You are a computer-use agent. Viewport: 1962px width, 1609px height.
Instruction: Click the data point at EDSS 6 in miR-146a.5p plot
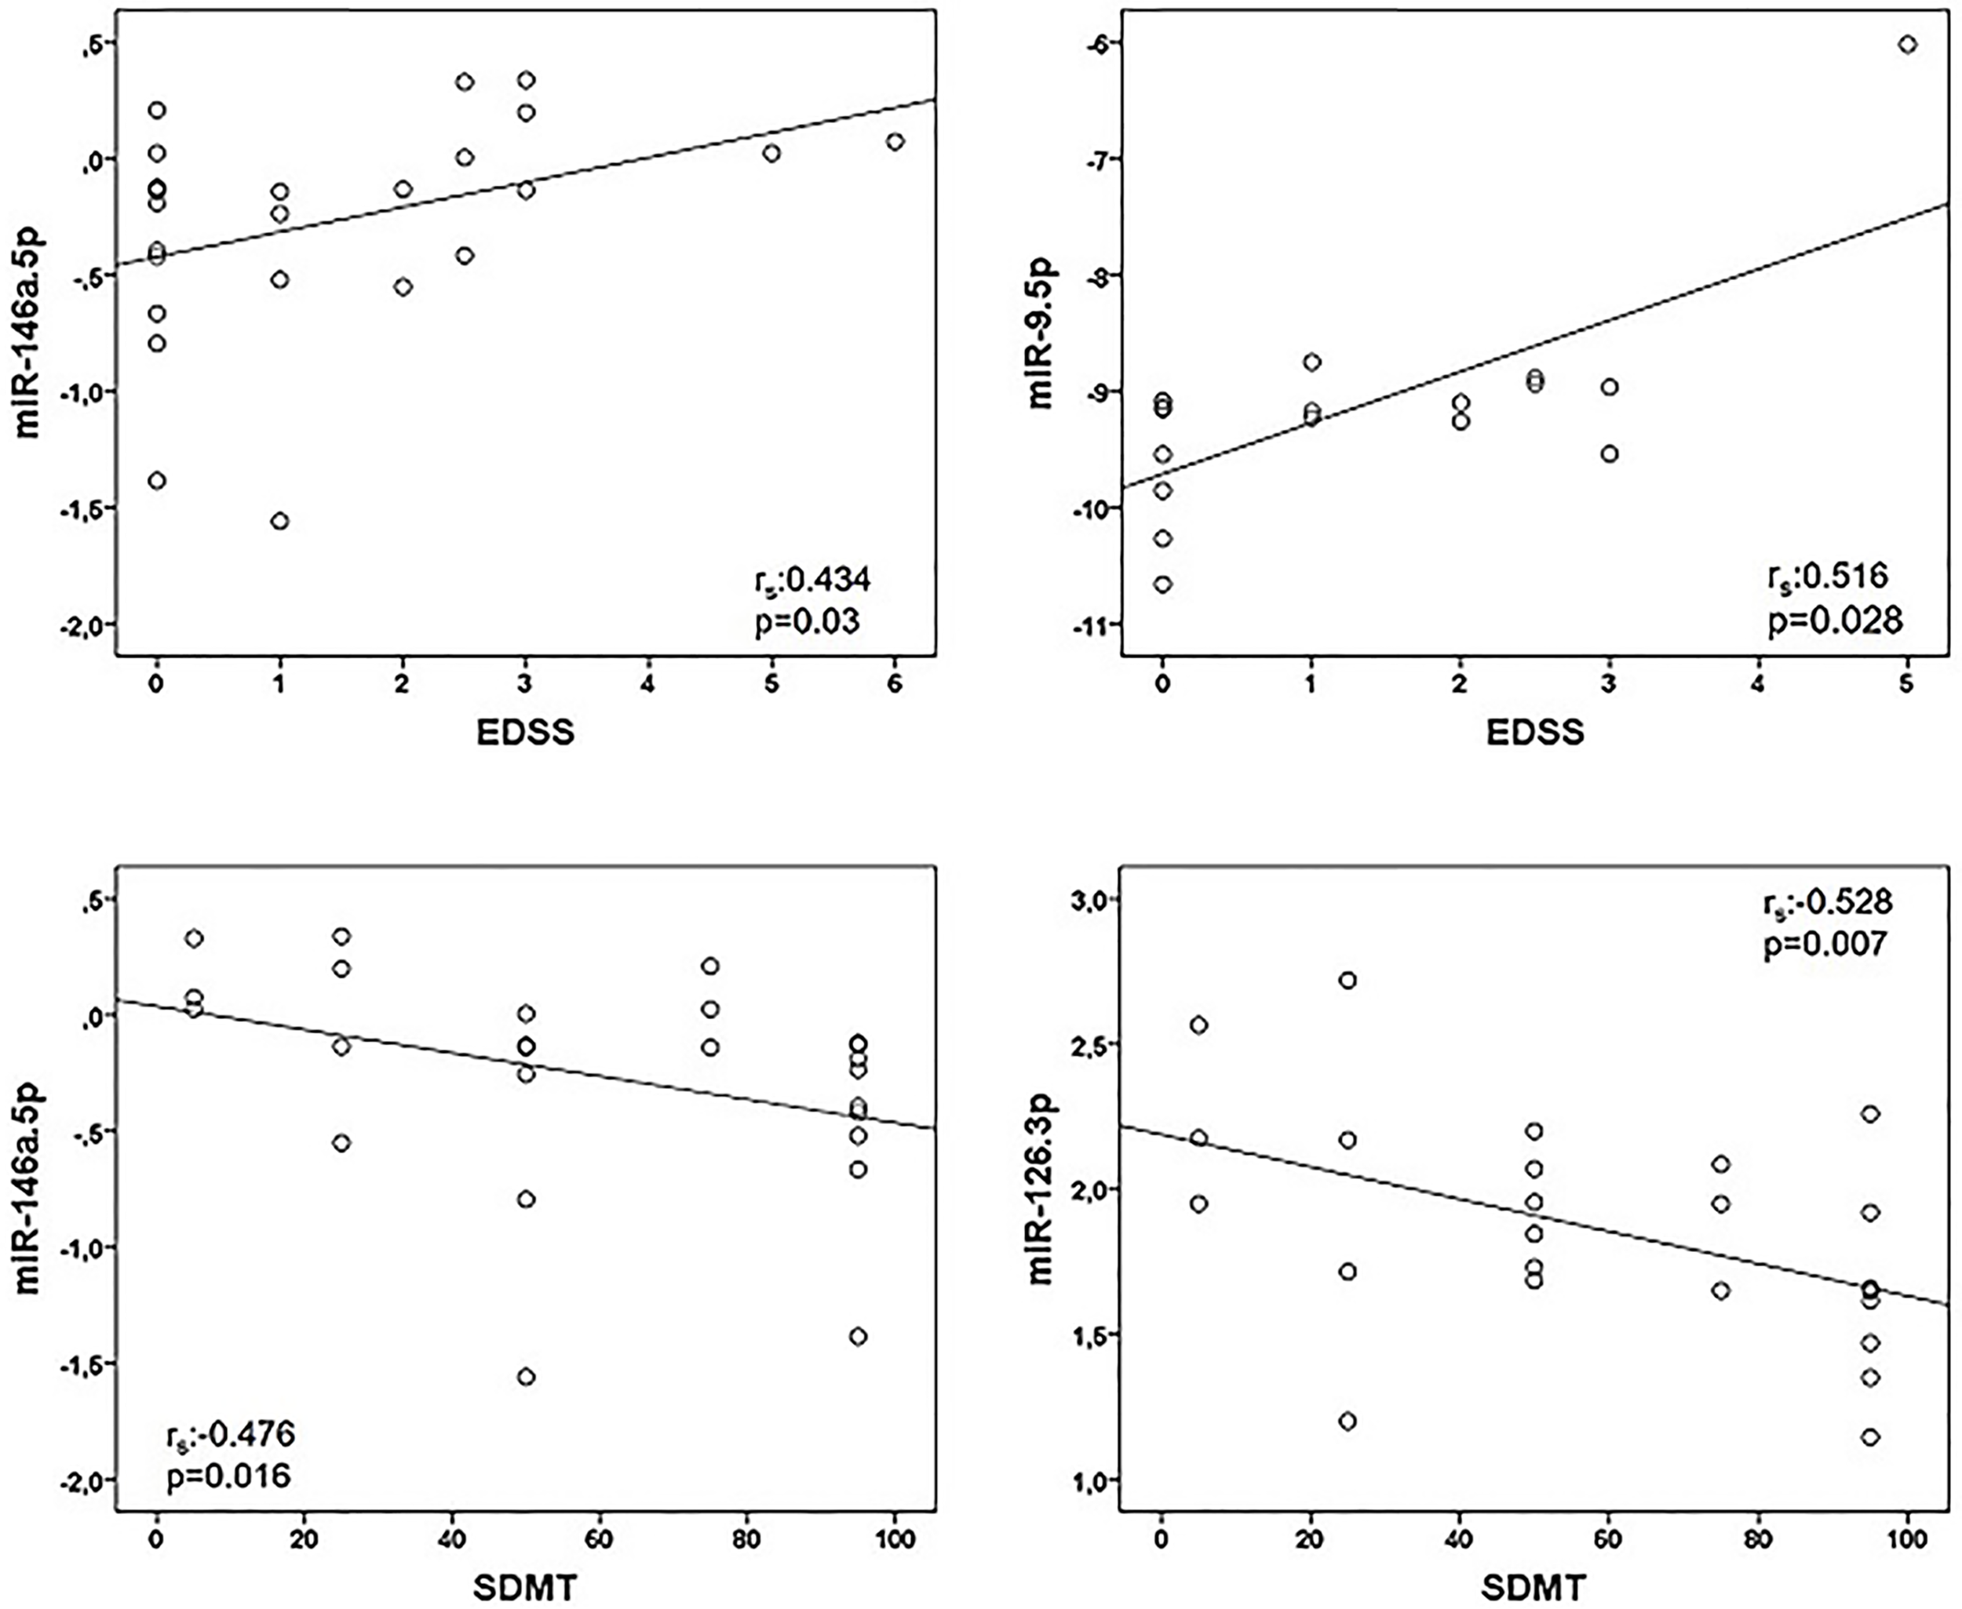coord(895,142)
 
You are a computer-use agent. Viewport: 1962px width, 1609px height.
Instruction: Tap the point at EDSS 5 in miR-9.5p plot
coord(1907,45)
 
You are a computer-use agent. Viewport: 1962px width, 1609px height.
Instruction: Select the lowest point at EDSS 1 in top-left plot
coord(279,521)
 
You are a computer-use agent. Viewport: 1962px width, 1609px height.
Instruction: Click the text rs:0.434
coord(811,581)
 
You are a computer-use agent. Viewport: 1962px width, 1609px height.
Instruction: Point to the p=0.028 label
coord(1834,619)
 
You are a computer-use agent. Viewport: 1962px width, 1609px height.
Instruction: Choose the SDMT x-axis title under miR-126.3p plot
coord(1533,1589)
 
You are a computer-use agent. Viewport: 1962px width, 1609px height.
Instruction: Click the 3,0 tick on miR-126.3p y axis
coord(1085,899)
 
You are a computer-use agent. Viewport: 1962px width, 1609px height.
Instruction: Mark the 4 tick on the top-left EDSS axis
coord(647,685)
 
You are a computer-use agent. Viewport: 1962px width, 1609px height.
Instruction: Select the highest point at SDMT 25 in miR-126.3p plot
coord(1348,981)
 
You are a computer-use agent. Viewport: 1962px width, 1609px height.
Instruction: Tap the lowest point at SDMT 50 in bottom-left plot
coord(526,1376)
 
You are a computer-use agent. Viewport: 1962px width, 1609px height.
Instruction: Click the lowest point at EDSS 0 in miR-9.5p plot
coord(1163,584)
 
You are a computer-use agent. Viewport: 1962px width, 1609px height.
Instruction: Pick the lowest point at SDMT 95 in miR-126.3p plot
coord(1870,1436)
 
